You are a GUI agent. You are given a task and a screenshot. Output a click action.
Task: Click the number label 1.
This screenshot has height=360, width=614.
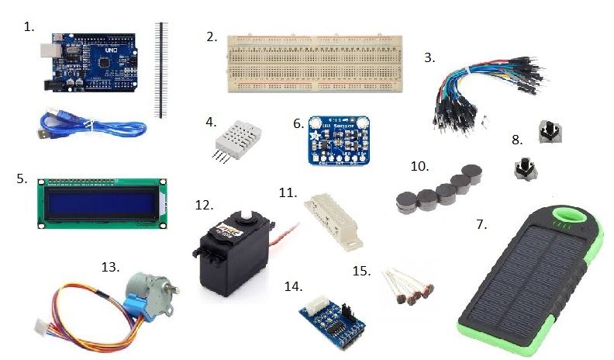[x=29, y=26]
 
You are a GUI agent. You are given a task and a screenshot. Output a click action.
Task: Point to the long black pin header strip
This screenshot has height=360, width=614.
[x=162, y=70]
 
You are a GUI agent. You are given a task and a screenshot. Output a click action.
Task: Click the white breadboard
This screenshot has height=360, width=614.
[x=313, y=63]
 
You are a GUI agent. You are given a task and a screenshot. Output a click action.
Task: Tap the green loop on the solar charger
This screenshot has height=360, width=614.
[x=568, y=220]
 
